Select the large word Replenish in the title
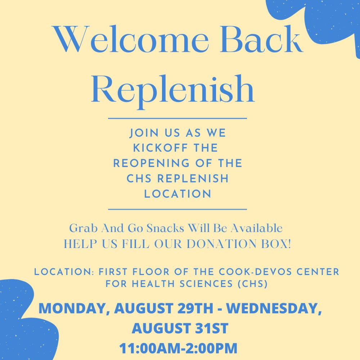pyautogui.click(x=173, y=89)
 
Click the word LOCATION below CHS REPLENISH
pyautogui.click(x=177, y=194)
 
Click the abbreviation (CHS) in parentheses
pyautogui.click(x=253, y=284)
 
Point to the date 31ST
pyautogui.click(x=210, y=328)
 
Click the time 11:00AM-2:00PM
pyautogui.click(x=178, y=348)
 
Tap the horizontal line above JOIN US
pyautogui.click(x=177, y=118)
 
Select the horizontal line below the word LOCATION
pyautogui.click(x=177, y=209)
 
